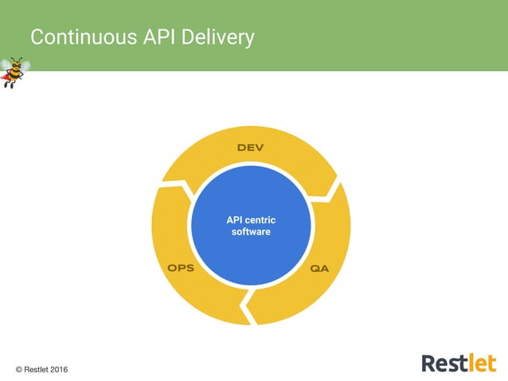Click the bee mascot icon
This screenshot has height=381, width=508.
click(x=14, y=71)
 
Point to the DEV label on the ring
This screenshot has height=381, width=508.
click(x=250, y=149)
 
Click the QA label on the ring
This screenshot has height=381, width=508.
click(x=319, y=269)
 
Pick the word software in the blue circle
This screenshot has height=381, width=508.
click(x=250, y=232)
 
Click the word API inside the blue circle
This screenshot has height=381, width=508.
click(x=236, y=219)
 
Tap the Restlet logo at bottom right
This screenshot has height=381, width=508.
click(x=458, y=363)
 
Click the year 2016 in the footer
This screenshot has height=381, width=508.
click(x=57, y=369)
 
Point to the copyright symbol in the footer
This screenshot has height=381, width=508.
click(x=19, y=369)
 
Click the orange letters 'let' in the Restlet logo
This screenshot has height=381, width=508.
click(x=480, y=363)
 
